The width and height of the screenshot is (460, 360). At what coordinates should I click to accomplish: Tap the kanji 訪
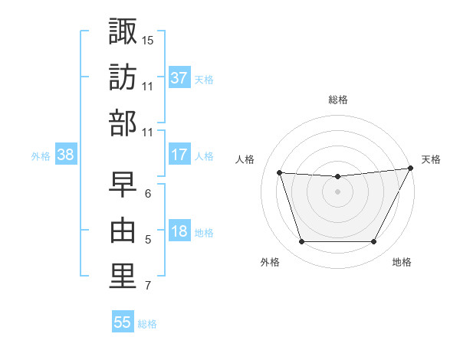pos(123,77)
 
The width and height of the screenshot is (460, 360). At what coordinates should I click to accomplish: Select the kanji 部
pos(123,123)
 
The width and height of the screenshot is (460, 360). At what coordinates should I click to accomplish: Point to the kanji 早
pos(123,182)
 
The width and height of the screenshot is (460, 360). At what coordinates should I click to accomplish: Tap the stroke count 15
pos(148,39)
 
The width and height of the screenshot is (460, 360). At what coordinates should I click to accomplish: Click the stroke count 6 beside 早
pos(148,193)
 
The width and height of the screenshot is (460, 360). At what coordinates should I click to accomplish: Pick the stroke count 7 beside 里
pos(148,286)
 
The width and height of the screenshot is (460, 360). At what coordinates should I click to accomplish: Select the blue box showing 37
pos(179,78)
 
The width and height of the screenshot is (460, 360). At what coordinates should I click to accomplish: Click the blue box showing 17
pos(179,155)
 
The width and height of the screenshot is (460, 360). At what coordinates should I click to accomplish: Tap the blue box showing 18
pos(179,232)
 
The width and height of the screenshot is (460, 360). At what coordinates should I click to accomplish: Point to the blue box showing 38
pos(66,155)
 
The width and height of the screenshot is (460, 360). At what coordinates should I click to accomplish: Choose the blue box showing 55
pos(123,322)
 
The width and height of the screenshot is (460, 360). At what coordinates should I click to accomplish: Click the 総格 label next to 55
pos(147,324)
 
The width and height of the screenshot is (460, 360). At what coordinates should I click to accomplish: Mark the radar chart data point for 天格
pos(411,169)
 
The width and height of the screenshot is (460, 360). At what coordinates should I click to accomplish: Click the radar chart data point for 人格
pos(279,173)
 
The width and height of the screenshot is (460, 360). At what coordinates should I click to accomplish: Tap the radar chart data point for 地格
pos(373,242)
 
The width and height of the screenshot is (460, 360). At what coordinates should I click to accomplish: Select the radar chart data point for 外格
pos(301,242)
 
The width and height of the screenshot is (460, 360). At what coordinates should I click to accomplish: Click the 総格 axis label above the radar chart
pos(337,100)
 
